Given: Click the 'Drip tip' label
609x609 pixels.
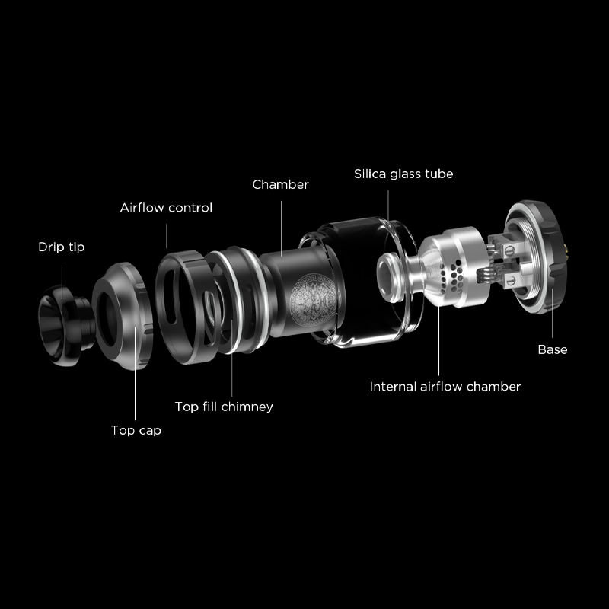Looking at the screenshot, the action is click(x=62, y=247).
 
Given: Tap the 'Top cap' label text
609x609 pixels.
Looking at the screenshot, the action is click(x=136, y=430).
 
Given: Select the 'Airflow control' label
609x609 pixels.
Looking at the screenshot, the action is click(x=166, y=208).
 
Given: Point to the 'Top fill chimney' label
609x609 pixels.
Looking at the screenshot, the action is click(x=224, y=407).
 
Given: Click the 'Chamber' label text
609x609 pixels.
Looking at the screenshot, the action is click(x=280, y=184).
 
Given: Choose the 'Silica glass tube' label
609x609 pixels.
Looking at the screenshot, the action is click(x=403, y=174).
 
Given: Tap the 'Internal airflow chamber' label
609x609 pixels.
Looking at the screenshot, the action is click(x=445, y=387).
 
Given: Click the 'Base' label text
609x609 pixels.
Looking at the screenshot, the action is click(x=553, y=349).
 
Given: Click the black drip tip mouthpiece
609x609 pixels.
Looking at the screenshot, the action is click(x=66, y=325).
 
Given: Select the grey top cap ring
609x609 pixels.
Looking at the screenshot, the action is click(x=123, y=316).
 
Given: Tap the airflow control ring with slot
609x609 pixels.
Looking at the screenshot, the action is click(x=183, y=307).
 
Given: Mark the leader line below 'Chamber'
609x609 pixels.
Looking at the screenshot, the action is click(x=281, y=229).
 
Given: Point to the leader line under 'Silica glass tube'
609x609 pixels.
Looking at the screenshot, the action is click(x=388, y=206).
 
